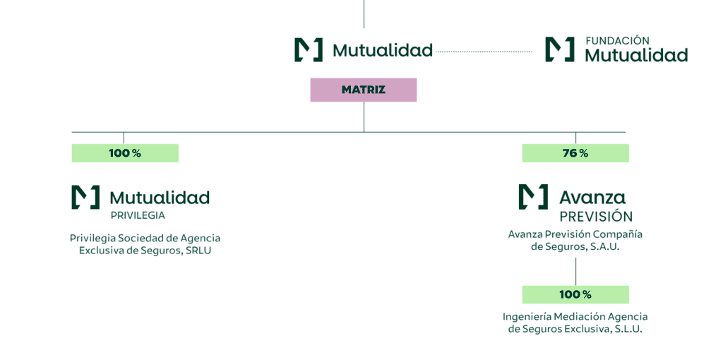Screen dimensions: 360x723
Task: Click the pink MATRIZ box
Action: pyautogui.click(x=363, y=90)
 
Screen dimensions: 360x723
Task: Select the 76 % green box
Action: pyautogui.click(x=575, y=153)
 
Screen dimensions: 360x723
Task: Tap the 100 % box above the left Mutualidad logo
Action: pyautogui.click(x=125, y=153)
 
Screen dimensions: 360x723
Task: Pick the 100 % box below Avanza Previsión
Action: pyautogui.click(x=575, y=294)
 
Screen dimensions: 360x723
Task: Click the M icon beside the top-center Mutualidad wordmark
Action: pyautogui.click(x=309, y=49)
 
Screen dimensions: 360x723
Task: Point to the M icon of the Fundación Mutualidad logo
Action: pyautogui.click(x=559, y=49)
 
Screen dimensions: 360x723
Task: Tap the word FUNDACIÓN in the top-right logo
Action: pyautogui.click(x=617, y=41)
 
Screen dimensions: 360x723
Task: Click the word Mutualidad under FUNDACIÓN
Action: pyautogui.click(x=636, y=55)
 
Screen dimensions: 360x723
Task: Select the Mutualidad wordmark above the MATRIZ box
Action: pyautogui.click(x=382, y=51)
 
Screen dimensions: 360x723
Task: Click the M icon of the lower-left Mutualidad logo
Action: pyautogui.click(x=85, y=197)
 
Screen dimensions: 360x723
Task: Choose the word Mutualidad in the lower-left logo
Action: pyautogui.click(x=160, y=197)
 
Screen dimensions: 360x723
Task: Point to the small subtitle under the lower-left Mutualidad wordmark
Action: pyautogui.click(x=138, y=214)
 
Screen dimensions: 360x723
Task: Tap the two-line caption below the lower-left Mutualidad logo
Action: pyautogui.click(x=145, y=244)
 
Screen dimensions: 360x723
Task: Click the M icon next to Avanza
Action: pyautogui.click(x=533, y=197)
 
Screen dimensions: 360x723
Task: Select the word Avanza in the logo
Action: pyautogui.click(x=592, y=198)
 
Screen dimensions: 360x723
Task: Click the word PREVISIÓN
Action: pyautogui.click(x=595, y=216)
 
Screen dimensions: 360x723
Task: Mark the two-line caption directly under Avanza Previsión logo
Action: pyautogui.click(x=575, y=240)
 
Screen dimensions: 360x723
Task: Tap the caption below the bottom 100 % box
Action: pyautogui.click(x=575, y=323)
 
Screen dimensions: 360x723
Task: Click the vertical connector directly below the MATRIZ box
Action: pyautogui.click(x=364, y=116)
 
